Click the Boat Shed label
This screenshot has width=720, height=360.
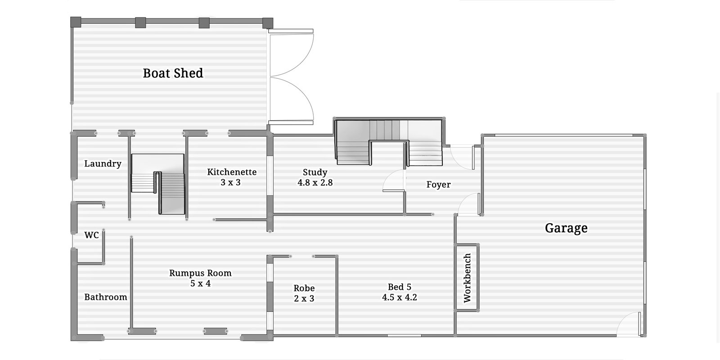pyautogui.click(x=173, y=73)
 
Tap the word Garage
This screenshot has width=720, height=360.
pyautogui.click(x=566, y=228)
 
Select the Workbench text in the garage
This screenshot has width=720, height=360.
pyautogui.click(x=467, y=278)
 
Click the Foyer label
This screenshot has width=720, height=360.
pyautogui.click(x=438, y=184)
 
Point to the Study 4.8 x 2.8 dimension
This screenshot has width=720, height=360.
pyautogui.click(x=315, y=183)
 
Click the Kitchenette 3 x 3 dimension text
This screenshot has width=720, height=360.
pyautogui.click(x=230, y=183)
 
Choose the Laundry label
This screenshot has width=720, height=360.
pyautogui.click(x=103, y=163)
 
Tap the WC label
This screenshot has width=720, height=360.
pyautogui.click(x=91, y=235)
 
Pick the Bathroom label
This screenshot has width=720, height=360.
pyautogui.click(x=106, y=297)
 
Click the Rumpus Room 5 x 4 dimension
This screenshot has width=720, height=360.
pyautogui.click(x=200, y=283)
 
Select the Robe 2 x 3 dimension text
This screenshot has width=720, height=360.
pyautogui.click(x=304, y=298)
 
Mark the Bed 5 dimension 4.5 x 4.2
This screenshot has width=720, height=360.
pyautogui.click(x=400, y=297)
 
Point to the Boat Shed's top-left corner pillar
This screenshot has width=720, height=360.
pyautogui.click(x=76, y=21)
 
